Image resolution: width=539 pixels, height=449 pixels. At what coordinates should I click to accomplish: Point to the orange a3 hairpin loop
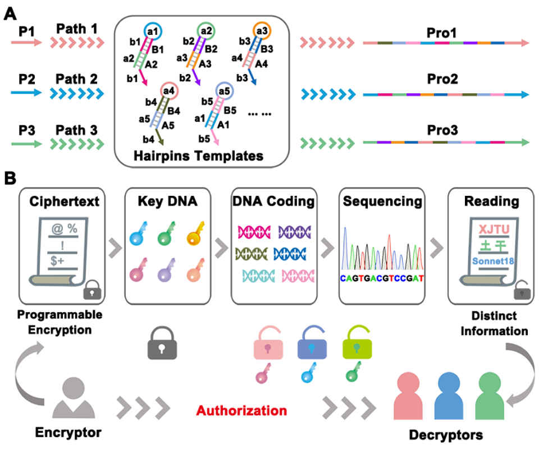point(262,30)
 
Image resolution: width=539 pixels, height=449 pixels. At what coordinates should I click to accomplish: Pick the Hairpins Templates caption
point(199,157)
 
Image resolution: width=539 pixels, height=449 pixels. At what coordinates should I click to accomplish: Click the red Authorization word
point(241,410)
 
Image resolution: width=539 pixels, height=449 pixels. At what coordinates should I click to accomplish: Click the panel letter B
point(10,179)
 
